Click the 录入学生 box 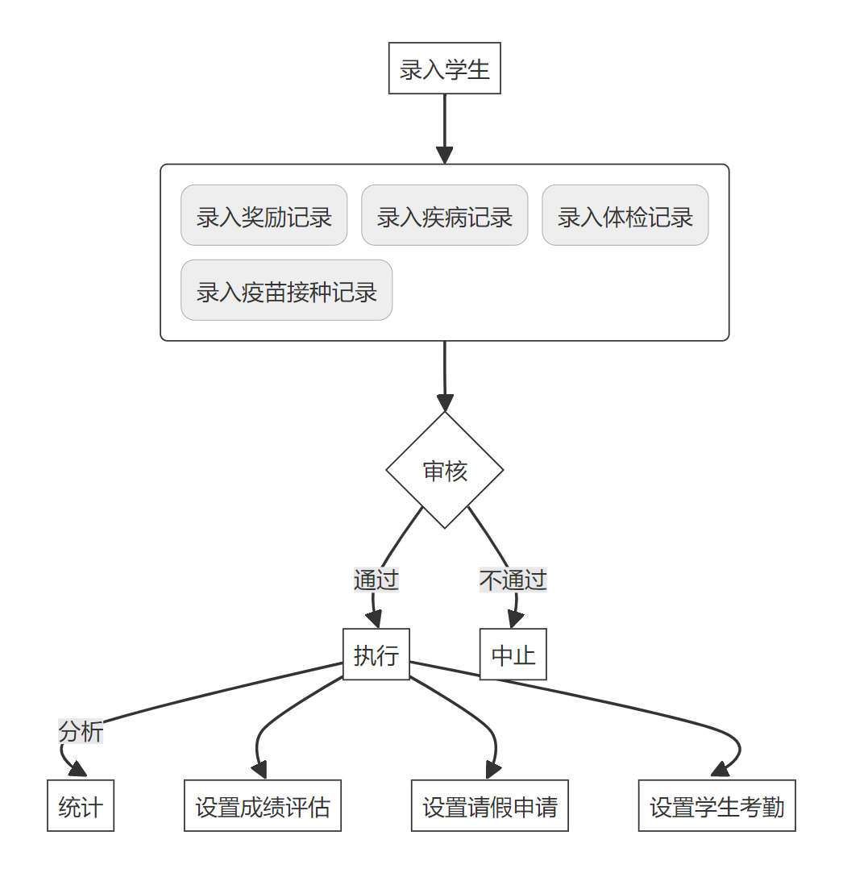click(x=444, y=69)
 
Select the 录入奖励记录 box click(x=264, y=215)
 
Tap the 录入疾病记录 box click(x=444, y=215)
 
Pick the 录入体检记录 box click(x=625, y=215)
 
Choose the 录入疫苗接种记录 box click(x=286, y=290)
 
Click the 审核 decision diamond click(x=444, y=471)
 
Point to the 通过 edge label click(x=376, y=580)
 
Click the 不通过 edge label click(x=513, y=580)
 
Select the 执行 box click(x=376, y=655)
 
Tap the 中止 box click(x=513, y=655)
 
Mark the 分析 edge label click(x=81, y=732)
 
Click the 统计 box click(x=81, y=806)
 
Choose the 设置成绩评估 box click(x=263, y=806)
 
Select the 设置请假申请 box click(x=490, y=806)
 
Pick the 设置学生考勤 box click(x=717, y=806)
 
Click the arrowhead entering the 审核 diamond click(x=445, y=403)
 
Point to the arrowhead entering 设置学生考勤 click(x=720, y=771)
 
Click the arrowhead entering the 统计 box click(x=78, y=770)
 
